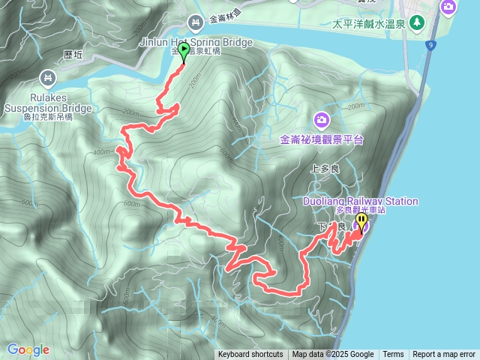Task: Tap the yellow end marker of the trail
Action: click(x=361, y=221)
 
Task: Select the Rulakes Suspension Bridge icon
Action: click(x=48, y=77)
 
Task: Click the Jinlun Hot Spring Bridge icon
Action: click(x=196, y=23)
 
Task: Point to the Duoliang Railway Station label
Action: click(x=361, y=201)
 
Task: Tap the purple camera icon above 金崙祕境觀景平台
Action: click(x=321, y=119)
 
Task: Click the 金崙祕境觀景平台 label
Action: click(x=321, y=139)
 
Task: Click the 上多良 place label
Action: click(x=325, y=169)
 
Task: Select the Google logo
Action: click(x=28, y=349)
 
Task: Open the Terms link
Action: click(x=393, y=355)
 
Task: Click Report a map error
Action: click(x=444, y=355)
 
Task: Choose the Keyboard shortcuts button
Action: click(x=250, y=355)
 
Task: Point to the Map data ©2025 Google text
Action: click(x=333, y=355)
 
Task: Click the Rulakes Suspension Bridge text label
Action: click(x=48, y=103)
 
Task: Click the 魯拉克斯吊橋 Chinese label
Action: click(x=48, y=117)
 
